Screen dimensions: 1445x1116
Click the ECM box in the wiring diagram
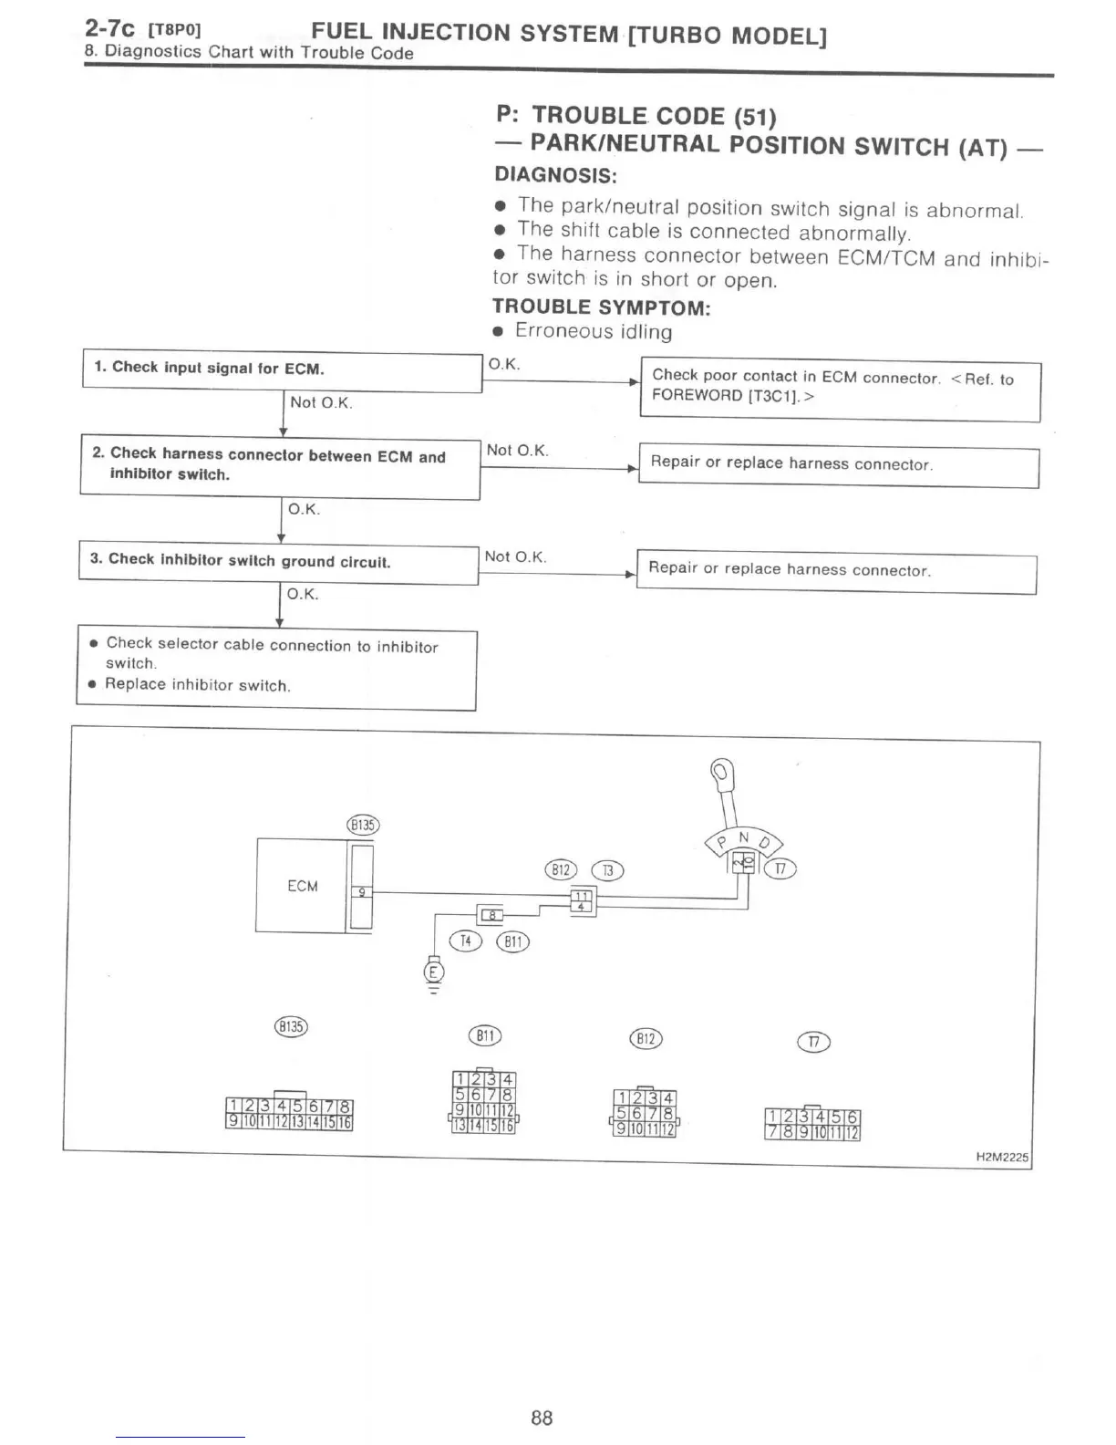pos(302,885)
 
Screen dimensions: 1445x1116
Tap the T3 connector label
pos(607,870)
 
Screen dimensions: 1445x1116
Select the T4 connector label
pos(466,941)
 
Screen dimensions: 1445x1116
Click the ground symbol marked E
pos(433,972)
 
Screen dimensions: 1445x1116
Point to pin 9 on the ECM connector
pos(361,893)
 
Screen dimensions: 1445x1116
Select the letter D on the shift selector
pos(765,842)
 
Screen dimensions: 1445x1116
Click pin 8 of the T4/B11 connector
pos(492,914)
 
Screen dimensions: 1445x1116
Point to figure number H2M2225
pos(1001,1157)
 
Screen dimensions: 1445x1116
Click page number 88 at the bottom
pos(542,1417)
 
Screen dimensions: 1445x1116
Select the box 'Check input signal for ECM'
pos(282,369)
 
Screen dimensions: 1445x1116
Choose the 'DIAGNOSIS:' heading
pos(555,173)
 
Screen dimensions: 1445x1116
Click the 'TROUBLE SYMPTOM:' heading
pos(601,307)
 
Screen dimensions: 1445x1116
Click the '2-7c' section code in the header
pos(109,29)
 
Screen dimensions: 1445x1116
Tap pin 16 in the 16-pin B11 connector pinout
pos(508,1127)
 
